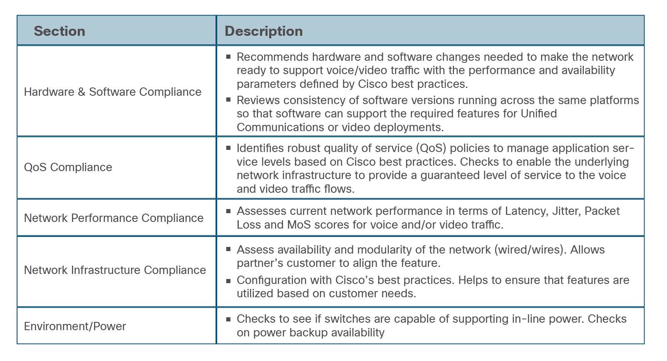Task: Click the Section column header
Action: (x=60, y=31)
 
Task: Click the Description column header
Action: (x=263, y=31)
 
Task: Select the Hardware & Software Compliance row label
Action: (x=113, y=92)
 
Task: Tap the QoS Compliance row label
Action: (x=68, y=167)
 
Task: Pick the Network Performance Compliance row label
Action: (x=114, y=218)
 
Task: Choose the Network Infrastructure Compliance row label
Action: (x=115, y=270)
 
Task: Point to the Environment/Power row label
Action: (x=75, y=326)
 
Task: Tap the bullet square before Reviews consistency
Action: (x=228, y=100)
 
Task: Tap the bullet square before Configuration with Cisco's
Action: (x=228, y=281)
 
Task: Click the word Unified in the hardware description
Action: (x=539, y=114)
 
